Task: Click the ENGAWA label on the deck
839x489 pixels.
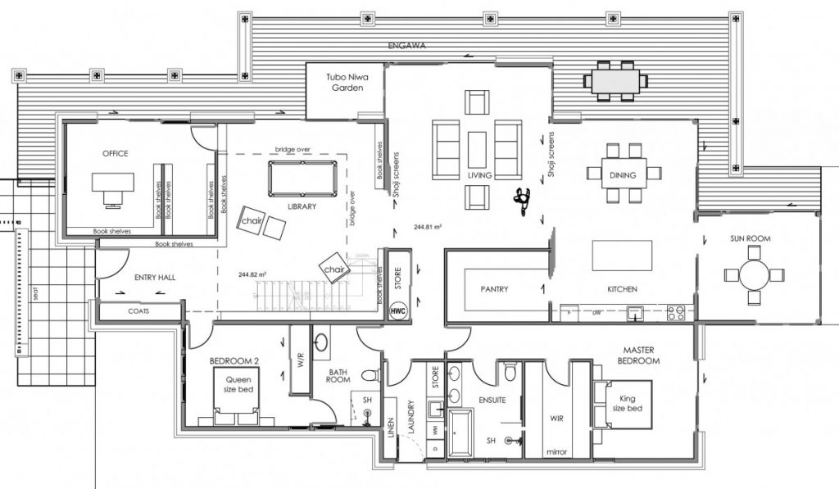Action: tap(406, 46)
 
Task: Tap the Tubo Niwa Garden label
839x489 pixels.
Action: tap(345, 82)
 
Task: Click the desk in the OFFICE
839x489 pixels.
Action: tap(111, 183)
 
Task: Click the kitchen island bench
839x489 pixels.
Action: tap(622, 255)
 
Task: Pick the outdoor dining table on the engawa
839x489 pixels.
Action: tap(613, 80)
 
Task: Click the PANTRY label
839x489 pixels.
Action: tap(494, 289)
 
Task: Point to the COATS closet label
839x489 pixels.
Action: tap(138, 311)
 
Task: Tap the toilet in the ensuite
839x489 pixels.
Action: tap(509, 374)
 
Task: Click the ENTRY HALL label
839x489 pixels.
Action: tap(155, 278)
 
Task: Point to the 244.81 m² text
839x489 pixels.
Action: tap(428, 226)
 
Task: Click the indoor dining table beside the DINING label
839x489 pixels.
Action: tap(623, 173)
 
